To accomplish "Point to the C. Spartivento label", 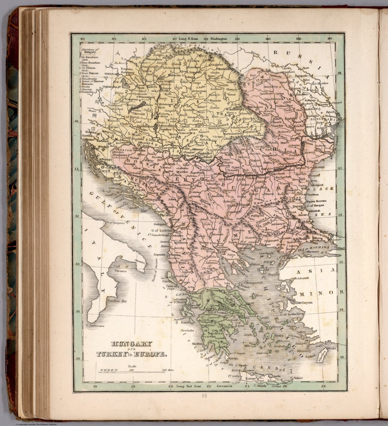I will [95, 326].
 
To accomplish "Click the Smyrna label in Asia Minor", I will [307, 303].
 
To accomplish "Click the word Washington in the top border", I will [219, 39].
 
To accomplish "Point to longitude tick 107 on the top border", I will [329, 39].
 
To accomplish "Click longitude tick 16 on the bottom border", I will [95, 386].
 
